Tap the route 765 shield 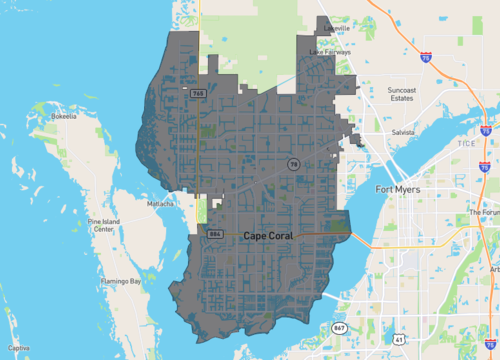click(x=199, y=92)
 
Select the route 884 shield click(x=214, y=234)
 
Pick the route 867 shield click(x=339, y=328)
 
